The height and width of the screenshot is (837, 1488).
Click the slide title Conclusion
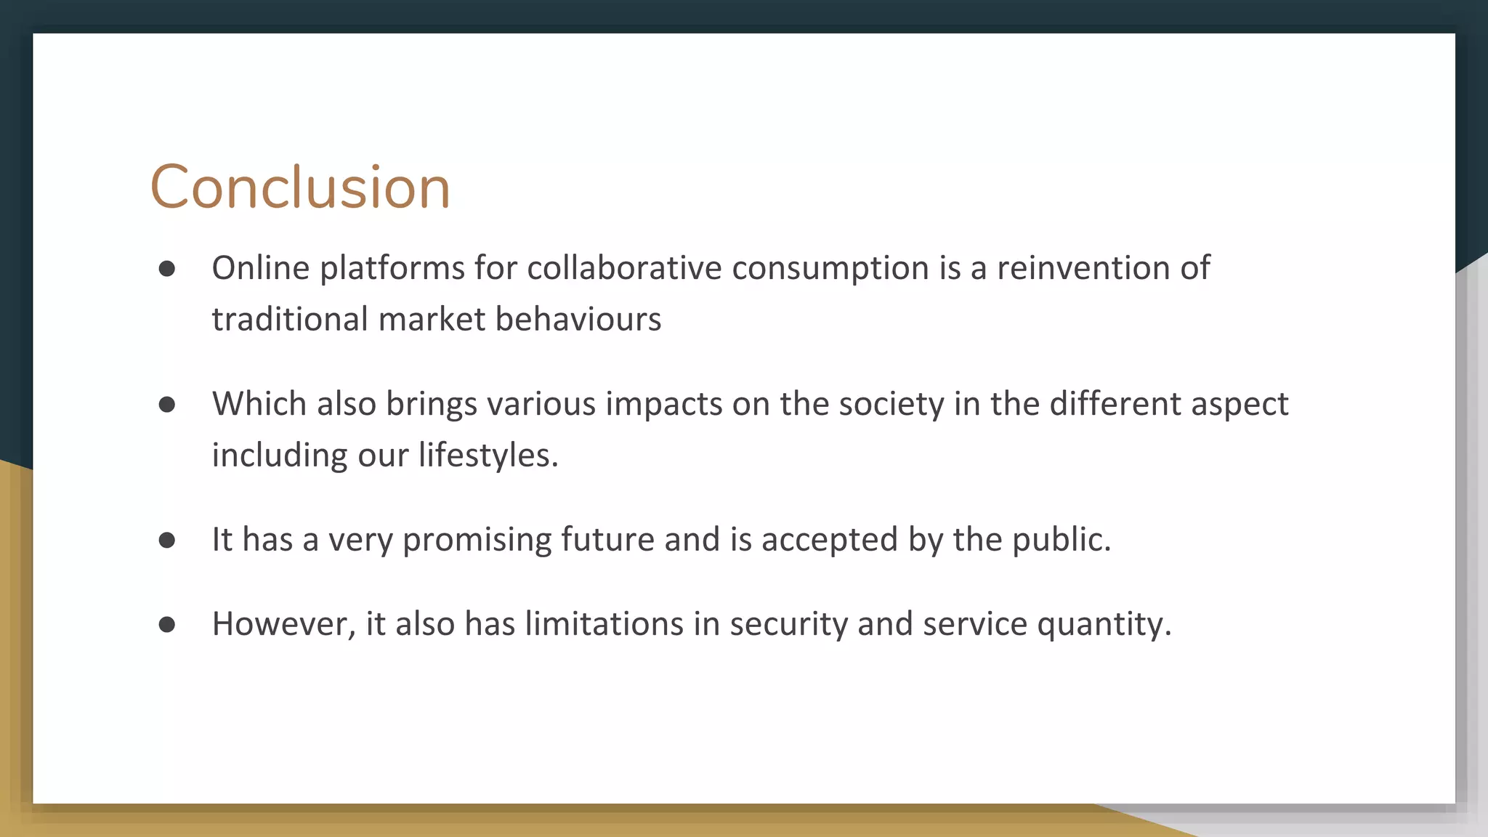300,187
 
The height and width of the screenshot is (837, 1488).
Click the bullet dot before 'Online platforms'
167,269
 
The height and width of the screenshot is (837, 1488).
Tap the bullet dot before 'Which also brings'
167,405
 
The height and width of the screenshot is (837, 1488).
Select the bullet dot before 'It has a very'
167,540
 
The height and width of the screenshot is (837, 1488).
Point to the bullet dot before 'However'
167,624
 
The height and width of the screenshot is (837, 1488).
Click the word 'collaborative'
624,267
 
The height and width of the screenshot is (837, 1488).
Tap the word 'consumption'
830,269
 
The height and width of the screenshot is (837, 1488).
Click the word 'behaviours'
578,319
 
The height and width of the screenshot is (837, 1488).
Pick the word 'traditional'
290,319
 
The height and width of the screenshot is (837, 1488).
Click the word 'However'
280,624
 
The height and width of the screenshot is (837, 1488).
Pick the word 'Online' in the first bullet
261,267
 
